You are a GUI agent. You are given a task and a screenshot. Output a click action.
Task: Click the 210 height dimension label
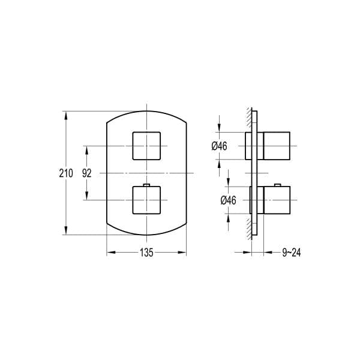pos(66,173)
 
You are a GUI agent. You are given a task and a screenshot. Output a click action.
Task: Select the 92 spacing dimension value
pos(87,173)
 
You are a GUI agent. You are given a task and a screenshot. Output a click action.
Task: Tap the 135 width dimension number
pos(146,253)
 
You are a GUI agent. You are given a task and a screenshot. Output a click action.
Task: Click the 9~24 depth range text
pos(291,253)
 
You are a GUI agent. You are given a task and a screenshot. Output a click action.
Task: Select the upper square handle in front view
pos(146,145)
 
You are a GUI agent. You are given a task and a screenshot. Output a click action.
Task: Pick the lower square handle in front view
pos(146,200)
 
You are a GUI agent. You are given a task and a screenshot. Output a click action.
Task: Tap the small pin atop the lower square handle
pos(146,184)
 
